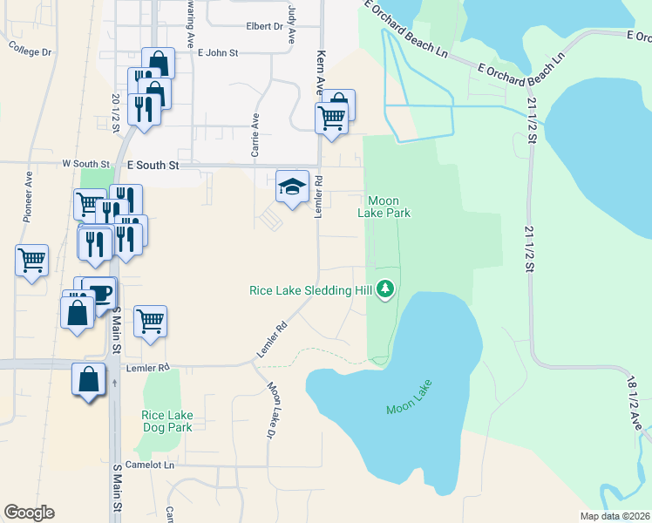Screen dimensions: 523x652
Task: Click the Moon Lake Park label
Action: [x=384, y=207]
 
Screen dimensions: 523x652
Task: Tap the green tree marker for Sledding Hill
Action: [x=384, y=290]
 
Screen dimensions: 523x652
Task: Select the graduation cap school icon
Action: [x=293, y=187]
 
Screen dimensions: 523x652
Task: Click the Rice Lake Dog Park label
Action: [x=166, y=422]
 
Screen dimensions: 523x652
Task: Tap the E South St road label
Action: [x=153, y=164]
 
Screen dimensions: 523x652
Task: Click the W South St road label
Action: [x=85, y=164]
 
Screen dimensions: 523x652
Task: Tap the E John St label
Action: [x=218, y=53]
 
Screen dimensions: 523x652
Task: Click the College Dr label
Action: [x=31, y=48]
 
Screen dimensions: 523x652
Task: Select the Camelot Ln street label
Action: [x=150, y=465]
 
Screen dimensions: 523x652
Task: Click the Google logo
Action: [x=29, y=513]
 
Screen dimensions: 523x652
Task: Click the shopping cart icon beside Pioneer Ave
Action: [x=32, y=260]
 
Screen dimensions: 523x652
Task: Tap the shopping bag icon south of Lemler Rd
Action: [x=89, y=380]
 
